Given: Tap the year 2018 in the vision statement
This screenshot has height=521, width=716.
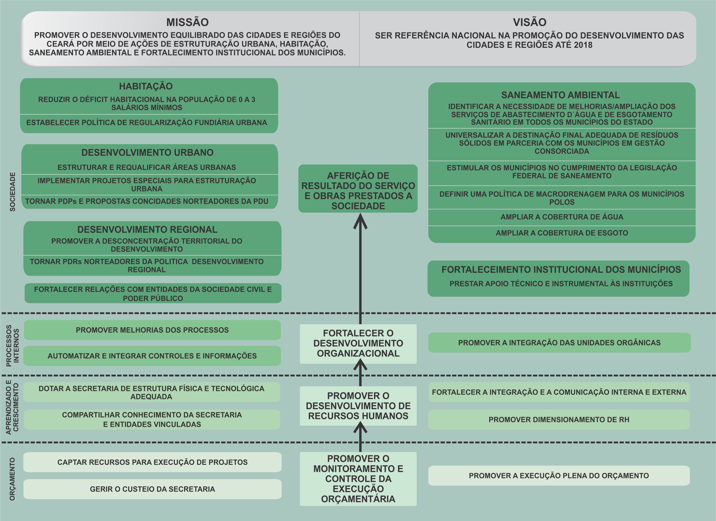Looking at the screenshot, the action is (x=583, y=45).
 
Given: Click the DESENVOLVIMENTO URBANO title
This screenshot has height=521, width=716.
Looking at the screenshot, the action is (x=147, y=153).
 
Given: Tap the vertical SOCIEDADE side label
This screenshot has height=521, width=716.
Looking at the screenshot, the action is (x=12, y=192).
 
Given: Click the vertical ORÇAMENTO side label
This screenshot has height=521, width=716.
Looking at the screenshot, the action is (x=12, y=479).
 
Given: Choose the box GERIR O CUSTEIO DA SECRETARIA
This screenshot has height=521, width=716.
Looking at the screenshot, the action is (x=152, y=489).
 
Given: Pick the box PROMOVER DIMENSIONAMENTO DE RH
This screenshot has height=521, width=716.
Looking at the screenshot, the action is (x=559, y=420).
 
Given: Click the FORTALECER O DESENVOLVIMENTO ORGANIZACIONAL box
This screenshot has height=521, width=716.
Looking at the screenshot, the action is (x=358, y=344).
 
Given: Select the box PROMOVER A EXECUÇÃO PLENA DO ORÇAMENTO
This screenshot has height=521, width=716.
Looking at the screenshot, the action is (x=559, y=475).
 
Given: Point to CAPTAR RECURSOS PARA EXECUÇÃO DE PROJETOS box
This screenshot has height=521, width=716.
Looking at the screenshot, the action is (x=152, y=462).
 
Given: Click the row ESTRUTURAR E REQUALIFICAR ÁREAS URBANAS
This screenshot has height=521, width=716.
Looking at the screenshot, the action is (x=147, y=167).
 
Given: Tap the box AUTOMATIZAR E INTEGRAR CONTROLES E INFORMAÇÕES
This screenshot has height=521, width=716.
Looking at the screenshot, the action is (x=152, y=356).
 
